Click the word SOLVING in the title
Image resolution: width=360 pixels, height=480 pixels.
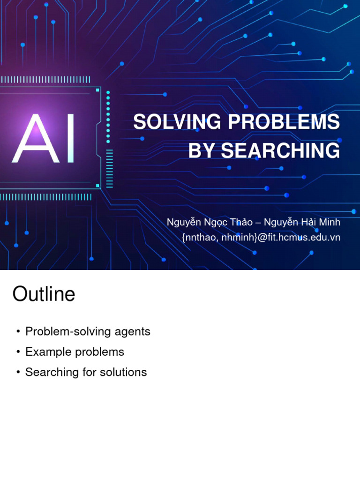point(177,122)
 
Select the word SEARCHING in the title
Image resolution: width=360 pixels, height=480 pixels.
point(280,151)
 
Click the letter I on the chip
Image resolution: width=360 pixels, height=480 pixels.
point(69,139)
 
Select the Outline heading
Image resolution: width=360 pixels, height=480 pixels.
point(44,294)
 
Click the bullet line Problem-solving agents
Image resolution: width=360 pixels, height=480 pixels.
point(88,332)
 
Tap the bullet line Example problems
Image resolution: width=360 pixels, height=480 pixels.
point(75,352)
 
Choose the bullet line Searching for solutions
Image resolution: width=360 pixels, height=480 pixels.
point(86,372)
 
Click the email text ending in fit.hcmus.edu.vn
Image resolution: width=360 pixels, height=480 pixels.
point(261,238)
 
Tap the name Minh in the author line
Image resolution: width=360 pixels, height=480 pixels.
point(330,222)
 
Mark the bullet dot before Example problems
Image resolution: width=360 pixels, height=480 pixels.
point(18,352)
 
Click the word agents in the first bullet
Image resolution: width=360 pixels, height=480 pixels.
point(133,332)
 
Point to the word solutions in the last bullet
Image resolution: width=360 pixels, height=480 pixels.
point(127,372)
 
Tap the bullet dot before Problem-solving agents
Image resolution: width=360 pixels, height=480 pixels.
point(18,332)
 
